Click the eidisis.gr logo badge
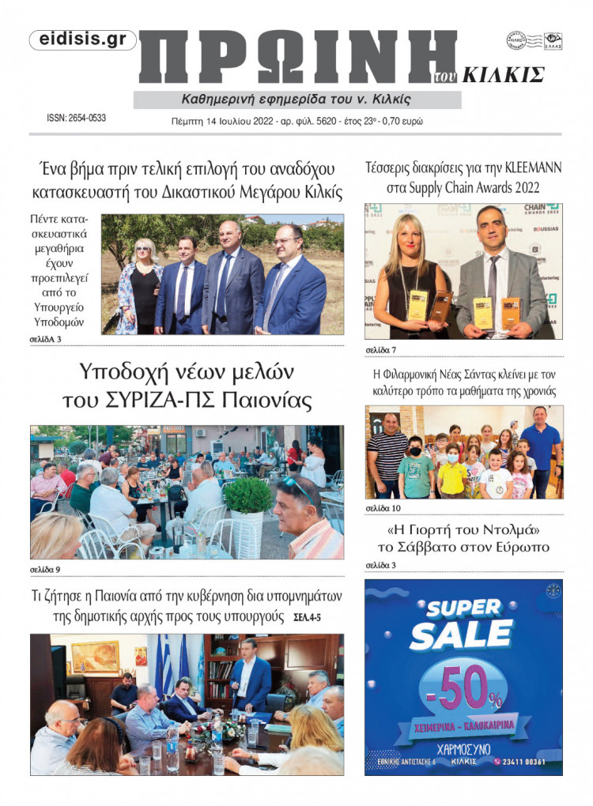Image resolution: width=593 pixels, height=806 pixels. coord(83,40)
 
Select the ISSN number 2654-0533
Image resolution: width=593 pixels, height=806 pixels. coord(77,119)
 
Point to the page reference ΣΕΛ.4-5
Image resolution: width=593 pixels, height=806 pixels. coord(314,616)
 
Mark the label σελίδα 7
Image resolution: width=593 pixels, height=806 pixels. coord(380,348)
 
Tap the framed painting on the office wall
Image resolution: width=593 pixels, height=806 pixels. coord(95,656)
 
